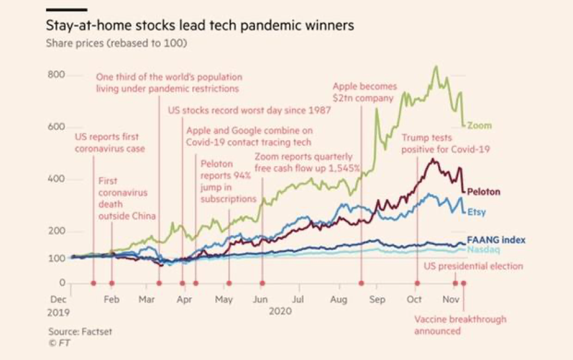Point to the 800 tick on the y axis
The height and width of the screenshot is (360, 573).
[x=57, y=75]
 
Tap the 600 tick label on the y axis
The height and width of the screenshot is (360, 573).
[x=57, y=127]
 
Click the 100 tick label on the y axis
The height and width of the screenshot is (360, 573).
[x=57, y=258]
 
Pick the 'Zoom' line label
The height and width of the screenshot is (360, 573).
[x=479, y=126]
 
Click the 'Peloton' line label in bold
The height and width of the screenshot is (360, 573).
[x=483, y=192]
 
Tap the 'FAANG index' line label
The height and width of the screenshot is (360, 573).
[x=496, y=240]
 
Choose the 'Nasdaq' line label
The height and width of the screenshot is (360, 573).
[x=483, y=250]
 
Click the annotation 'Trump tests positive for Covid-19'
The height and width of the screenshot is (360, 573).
[x=445, y=143]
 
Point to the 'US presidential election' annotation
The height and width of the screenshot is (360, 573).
[x=473, y=266]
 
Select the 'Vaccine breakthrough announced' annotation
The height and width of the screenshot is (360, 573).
[x=460, y=325]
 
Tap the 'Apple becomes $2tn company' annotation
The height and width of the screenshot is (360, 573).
[x=365, y=92]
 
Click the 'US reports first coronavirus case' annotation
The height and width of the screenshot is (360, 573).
[x=109, y=142]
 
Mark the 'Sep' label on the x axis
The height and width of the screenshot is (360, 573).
[x=377, y=300]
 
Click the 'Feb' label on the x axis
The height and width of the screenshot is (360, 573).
[x=112, y=300]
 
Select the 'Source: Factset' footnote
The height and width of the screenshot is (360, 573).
[x=80, y=332]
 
